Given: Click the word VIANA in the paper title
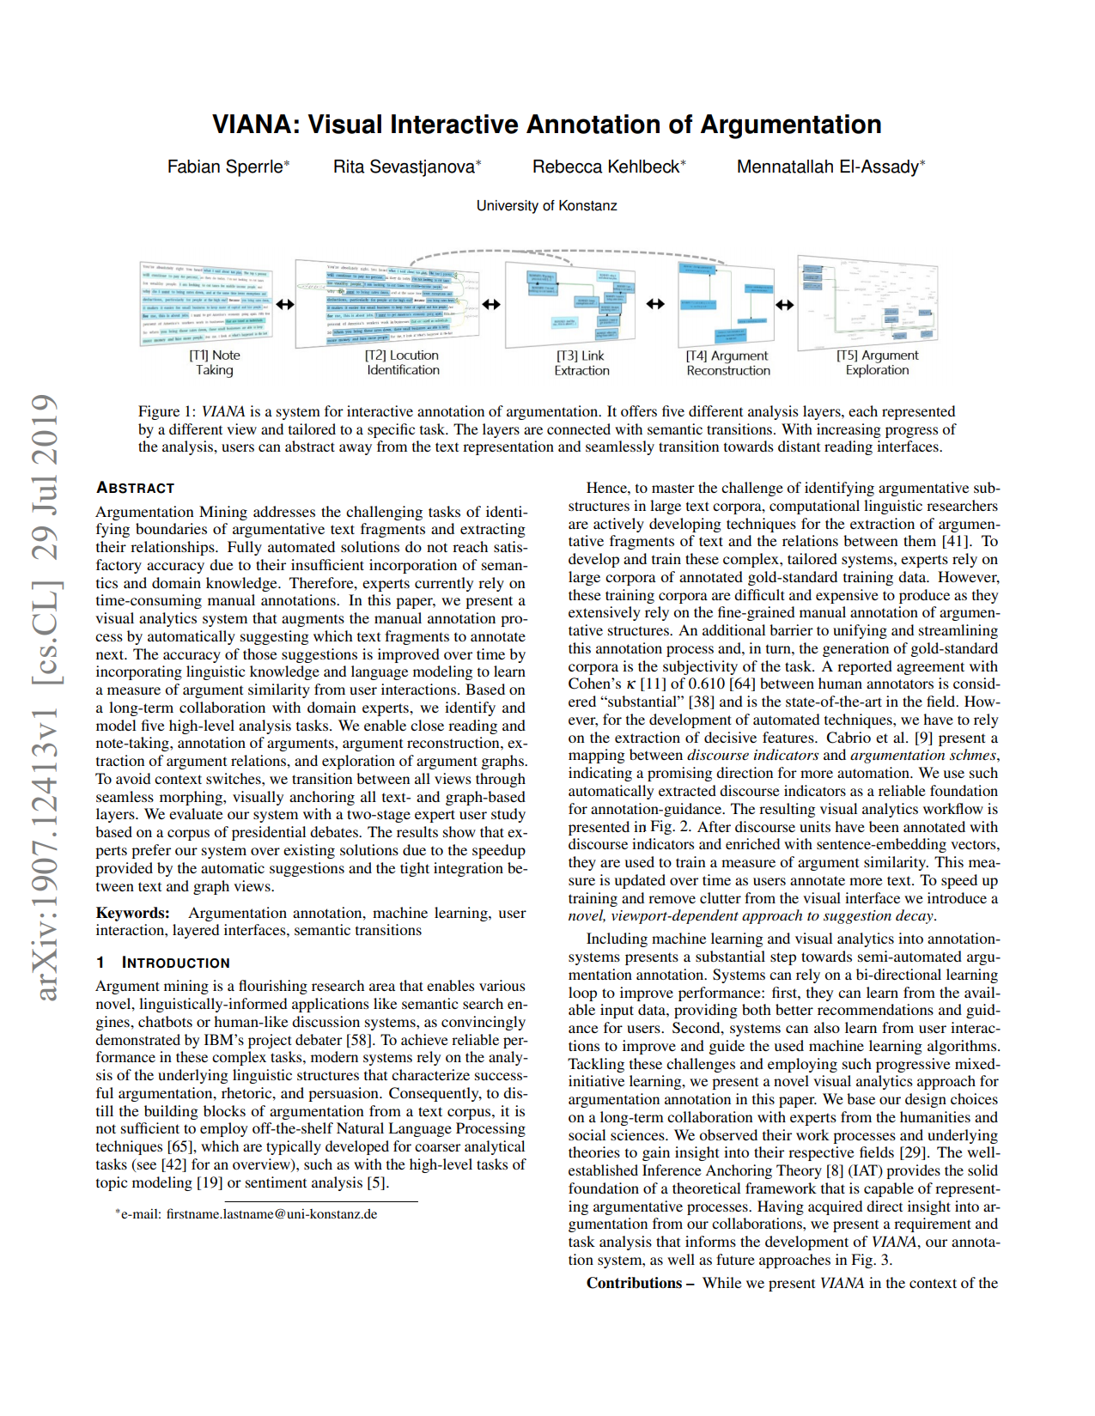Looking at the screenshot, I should tap(250, 125).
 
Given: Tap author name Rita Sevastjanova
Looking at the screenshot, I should tap(405, 167).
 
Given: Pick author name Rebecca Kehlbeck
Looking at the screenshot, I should tap(607, 167).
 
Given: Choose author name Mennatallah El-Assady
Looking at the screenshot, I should tap(829, 167).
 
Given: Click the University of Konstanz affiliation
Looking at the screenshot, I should tap(546, 206).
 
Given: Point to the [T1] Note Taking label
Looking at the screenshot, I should tap(215, 362).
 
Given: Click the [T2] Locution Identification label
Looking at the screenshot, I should tap(403, 362).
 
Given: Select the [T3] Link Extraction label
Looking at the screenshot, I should tap(581, 363).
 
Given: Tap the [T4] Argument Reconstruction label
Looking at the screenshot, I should tap(727, 363).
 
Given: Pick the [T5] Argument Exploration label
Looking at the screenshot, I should tap(877, 362).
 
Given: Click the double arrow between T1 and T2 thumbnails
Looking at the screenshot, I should tap(284, 304).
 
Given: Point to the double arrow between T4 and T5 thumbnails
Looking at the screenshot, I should tap(784, 304).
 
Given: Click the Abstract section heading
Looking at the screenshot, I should tap(135, 488).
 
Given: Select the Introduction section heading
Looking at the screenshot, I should tap(175, 963).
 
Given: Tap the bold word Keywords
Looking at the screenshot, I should tap(132, 913).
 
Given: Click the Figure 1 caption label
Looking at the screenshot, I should tap(167, 412).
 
